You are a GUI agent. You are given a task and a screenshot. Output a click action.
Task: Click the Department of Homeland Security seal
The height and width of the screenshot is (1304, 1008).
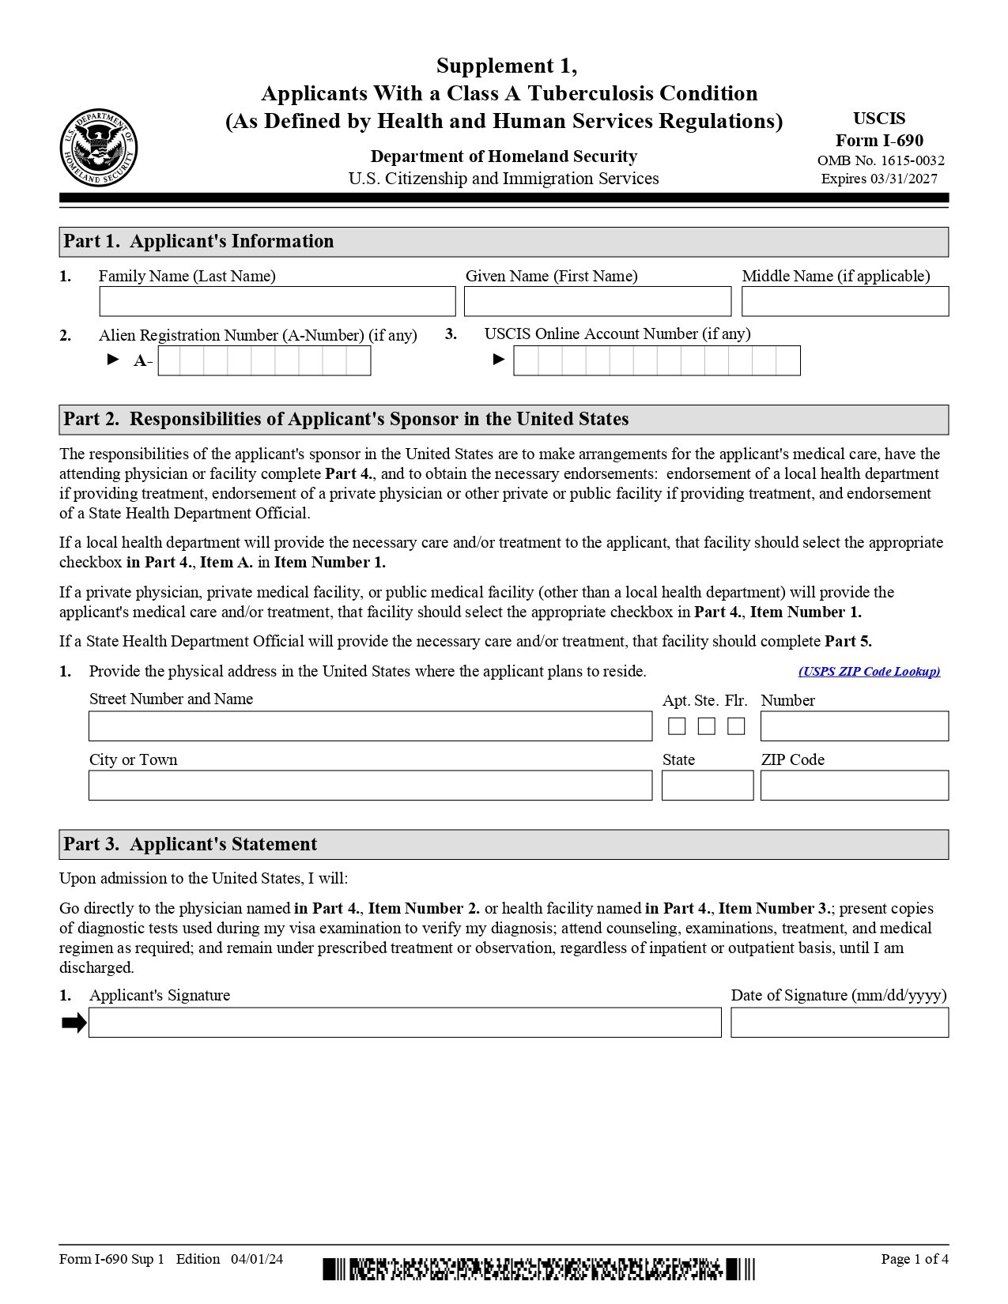pyautogui.click(x=98, y=148)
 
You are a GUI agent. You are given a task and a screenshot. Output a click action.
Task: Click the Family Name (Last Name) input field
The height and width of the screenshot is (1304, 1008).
pyautogui.click(x=277, y=301)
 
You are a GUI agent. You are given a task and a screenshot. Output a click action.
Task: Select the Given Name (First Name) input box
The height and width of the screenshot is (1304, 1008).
pyautogui.click(x=597, y=301)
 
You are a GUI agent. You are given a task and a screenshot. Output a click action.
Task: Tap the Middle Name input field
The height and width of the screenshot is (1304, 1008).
pyautogui.click(x=844, y=301)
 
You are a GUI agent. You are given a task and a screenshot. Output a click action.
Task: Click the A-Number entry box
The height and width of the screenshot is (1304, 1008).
pyautogui.click(x=264, y=361)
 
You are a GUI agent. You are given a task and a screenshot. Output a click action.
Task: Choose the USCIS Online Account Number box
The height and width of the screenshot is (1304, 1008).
pyautogui.click(x=656, y=361)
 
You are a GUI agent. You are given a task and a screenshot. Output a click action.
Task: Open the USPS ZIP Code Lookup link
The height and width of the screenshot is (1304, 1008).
pyautogui.click(x=869, y=672)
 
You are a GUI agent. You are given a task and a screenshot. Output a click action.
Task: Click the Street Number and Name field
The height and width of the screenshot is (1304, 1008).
pyautogui.click(x=370, y=726)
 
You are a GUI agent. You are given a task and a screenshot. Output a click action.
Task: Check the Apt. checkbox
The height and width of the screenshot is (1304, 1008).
pyautogui.click(x=677, y=726)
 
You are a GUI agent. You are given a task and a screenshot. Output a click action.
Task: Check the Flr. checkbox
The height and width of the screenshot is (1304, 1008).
pyautogui.click(x=736, y=726)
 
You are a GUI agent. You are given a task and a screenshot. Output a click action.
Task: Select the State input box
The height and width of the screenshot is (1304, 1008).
pyautogui.click(x=707, y=786)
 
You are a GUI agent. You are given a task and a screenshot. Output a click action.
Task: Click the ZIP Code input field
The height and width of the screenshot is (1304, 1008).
pyautogui.click(x=854, y=786)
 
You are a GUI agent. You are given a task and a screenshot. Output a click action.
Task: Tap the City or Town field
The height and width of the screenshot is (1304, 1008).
pyautogui.click(x=370, y=786)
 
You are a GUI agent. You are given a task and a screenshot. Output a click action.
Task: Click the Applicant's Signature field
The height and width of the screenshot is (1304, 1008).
pyautogui.click(x=405, y=1023)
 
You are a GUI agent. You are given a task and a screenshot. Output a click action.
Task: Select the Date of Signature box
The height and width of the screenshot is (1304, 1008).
pyautogui.click(x=839, y=1023)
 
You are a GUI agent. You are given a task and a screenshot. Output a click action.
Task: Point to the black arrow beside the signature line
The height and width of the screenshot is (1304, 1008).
pyautogui.click(x=74, y=1023)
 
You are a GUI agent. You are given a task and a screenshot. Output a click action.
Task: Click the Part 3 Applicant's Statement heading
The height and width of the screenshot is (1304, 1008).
pyautogui.click(x=190, y=844)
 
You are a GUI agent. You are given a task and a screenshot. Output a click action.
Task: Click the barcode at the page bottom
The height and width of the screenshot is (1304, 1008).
pyautogui.click(x=538, y=1269)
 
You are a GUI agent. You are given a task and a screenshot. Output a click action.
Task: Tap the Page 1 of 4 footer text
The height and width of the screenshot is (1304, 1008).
pyautogui.click(x=914, y=1259)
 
